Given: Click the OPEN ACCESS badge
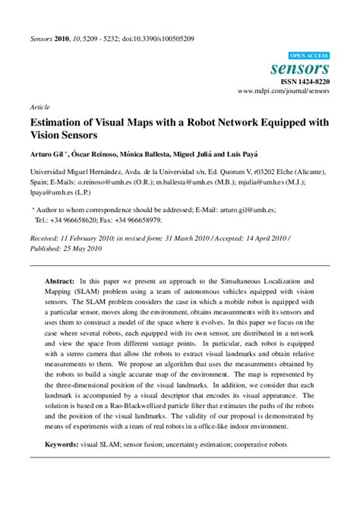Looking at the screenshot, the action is tap(308, 55).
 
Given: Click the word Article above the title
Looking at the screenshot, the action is tap(39, 107).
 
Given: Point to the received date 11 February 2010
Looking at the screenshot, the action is tap(86, 239).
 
